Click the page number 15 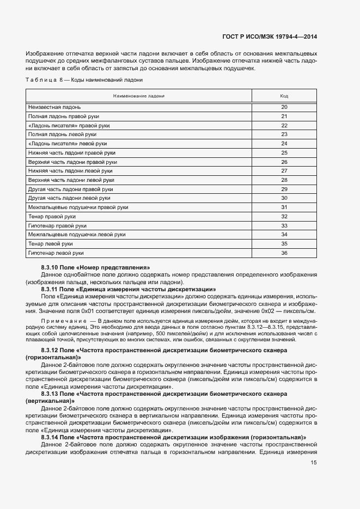pos(314,463)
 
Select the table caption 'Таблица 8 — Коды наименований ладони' pos(84,80)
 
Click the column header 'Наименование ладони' pos(138,96)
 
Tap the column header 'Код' pos(284,96)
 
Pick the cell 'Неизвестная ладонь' pos(54,107)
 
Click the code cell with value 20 pos(284,107)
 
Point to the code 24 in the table pos(284,143)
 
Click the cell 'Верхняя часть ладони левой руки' pos(71,180)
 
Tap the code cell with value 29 pos(284,189)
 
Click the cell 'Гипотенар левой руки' pos(56,253)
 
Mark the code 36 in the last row pos(284,253)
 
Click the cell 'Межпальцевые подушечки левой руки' pos(77,235)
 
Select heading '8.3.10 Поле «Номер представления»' pos(95,267)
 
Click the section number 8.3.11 pos(50,289)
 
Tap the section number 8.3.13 pos(50,393)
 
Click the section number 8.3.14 pos(50,437)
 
